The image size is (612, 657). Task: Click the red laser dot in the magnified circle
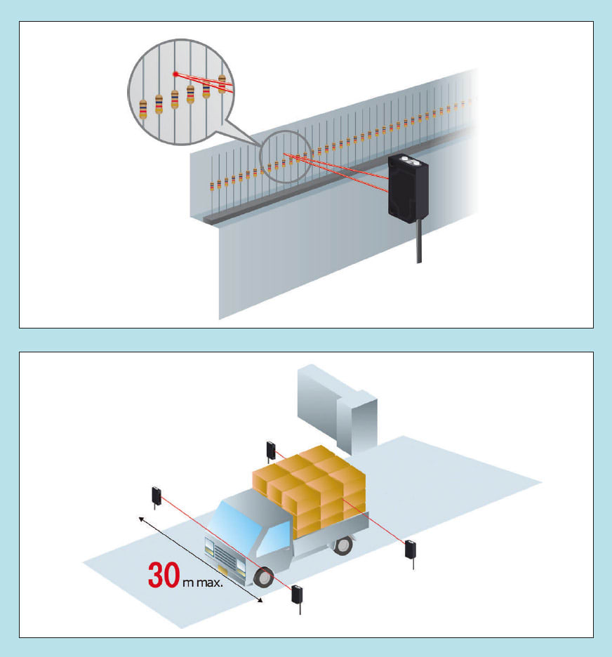pyautogui.click(x=175, y=74)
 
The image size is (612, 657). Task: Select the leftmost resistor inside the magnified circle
pyautogui.click(x=143, y=107)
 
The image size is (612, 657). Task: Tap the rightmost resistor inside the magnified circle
pyautogui.click(x=222, y=84)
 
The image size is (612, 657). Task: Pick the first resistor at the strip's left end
pyautogui.click(x=212, y=186)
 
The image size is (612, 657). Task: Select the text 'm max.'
pyautogui.click(x=203, y=583)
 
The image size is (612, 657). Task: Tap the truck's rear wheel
pyautogui.click(x=343, y=545)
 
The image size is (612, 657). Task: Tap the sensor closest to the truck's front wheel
pyautogui.click(x=298, y=594)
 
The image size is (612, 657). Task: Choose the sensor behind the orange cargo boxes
pyautogui.click(x=270, y=449)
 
